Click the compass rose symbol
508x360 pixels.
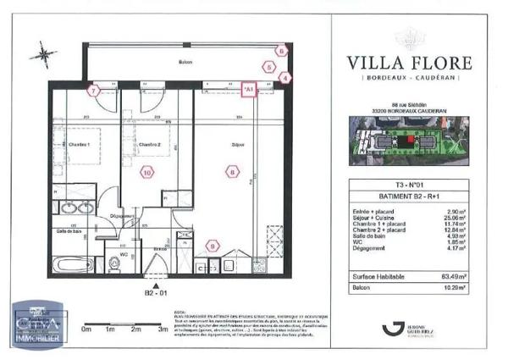click(x=42, y=55)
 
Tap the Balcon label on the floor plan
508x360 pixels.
click(x=185, y=63)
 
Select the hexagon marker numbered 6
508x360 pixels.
click(x=282, y=50)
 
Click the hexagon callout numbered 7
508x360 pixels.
click(x=95, y=89)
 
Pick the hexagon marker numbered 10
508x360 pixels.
click(x=147, y=172)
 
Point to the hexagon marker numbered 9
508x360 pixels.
click(x=213, y=246)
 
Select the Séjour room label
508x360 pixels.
click(x=236, y=146)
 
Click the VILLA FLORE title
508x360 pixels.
click(x=410, y=62)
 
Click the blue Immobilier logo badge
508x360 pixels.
click(x=29, y=324)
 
